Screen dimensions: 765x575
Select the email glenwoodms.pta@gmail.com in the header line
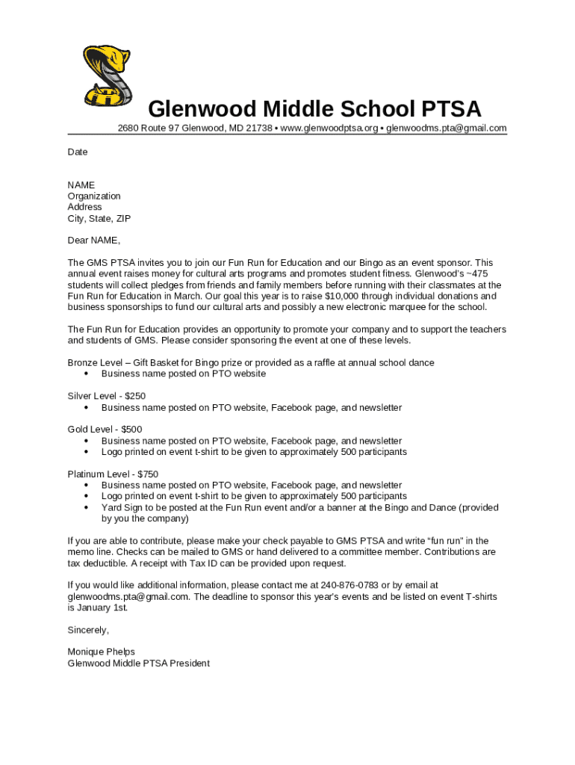[x=446, y=128]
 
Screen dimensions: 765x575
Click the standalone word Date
[x=78, y=152]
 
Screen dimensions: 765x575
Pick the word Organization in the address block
[x=94, y=196]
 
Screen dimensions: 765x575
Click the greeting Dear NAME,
[x=93, y=241]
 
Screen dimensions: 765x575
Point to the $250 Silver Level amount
[x=135, y=396]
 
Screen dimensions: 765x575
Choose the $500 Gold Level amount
[x=131, y=430]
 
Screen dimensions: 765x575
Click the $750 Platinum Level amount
[x=148, y=474]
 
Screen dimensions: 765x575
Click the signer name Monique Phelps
[x=101, y=652]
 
